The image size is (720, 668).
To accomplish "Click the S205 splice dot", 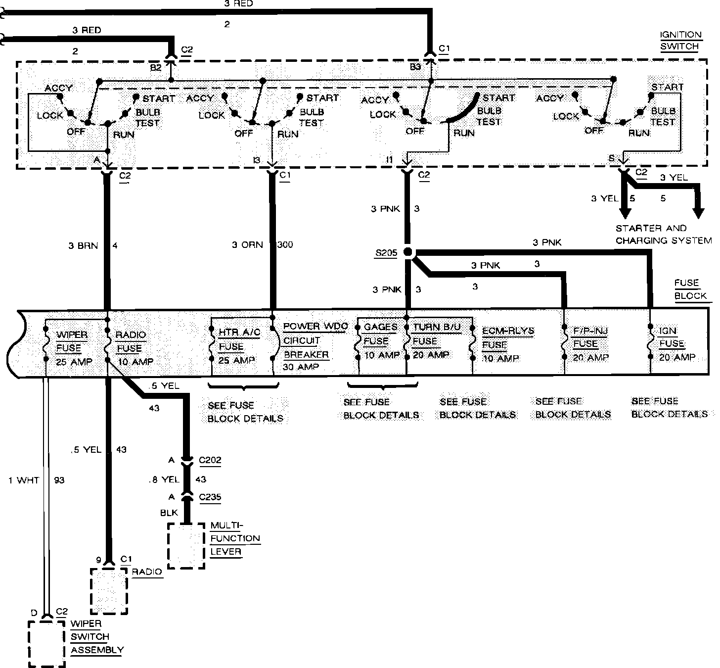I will point(408,252).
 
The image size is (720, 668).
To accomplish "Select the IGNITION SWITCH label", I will point(680,41).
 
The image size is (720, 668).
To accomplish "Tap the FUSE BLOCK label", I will point(690,289).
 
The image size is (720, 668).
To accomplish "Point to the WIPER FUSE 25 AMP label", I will point(72,348).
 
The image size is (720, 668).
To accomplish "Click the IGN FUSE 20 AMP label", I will point(676,343).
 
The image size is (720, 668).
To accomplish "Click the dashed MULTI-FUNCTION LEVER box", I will point(186,545).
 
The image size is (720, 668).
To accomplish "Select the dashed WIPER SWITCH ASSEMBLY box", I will point(46,643).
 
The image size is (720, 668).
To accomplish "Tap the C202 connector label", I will point(210,460).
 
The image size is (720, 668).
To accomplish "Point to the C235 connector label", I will point(210,497).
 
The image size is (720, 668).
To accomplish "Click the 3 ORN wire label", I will point(248,244).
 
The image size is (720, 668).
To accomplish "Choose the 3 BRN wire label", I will point(84,245).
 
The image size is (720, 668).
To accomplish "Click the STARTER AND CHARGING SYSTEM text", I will point(663,234).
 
